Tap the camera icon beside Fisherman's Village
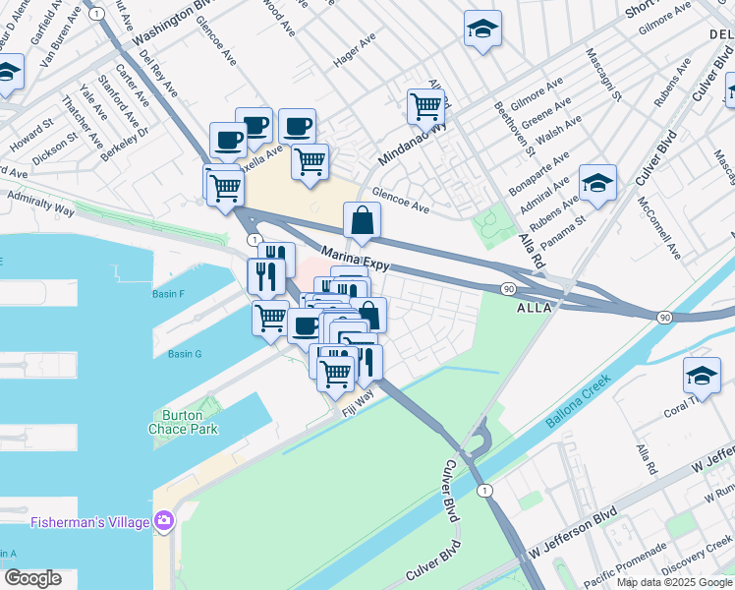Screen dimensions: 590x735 pyautogui.click(x=163, y=519)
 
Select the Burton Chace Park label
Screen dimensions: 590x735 pyautogui.click(x=183, y=422)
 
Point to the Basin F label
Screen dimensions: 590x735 pyautogui.click(x=169, y=293)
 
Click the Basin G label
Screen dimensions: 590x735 pyautogui.click(x=184, y=354)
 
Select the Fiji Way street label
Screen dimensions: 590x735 pyautogui.click(x=358, y=400)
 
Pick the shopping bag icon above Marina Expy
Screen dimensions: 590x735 pyautogui.click(x=363, y=222)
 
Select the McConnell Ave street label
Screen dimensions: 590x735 pyautogui.click(x=658, y=227)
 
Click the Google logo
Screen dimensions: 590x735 pyautogui.click(x=32, y=578)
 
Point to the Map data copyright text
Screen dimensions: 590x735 pyautogui.click(x=674, y=582)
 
